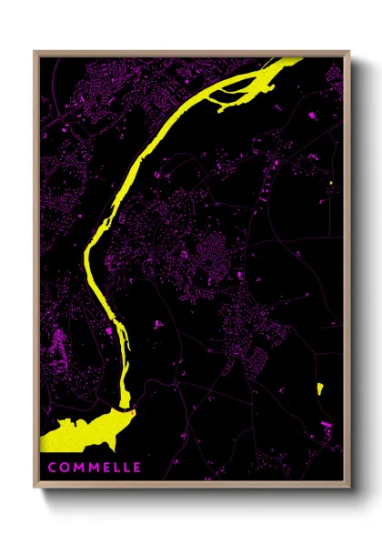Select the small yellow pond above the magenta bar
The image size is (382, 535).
320,389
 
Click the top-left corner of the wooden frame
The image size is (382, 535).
35,52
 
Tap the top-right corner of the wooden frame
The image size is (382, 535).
349,52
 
